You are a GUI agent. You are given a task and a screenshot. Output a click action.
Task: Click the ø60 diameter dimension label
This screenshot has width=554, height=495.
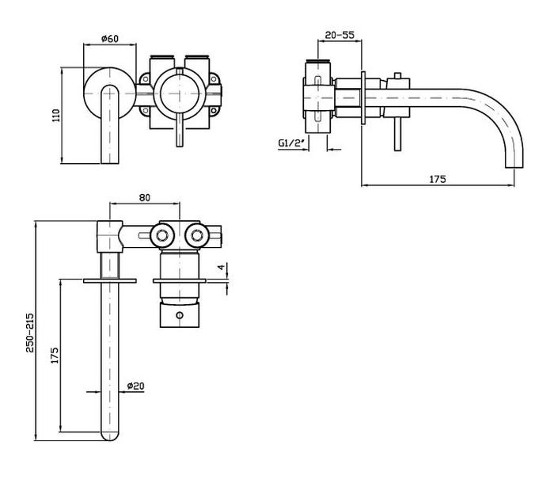110,38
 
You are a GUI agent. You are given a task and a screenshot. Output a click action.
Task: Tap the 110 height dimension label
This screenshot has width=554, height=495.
56,116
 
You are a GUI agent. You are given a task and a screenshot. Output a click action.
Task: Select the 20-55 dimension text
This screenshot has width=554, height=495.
340,35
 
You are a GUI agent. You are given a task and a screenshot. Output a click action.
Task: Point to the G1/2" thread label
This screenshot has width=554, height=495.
291,143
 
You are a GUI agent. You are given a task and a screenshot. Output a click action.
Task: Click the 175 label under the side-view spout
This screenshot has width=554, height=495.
438,179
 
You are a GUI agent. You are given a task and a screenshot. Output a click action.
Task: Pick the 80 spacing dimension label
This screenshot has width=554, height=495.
145,198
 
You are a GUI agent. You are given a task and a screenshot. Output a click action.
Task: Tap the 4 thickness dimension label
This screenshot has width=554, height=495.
221,267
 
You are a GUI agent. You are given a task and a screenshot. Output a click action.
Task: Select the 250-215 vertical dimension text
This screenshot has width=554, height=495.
30,333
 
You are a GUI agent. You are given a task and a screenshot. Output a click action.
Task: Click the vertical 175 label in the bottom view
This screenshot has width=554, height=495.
55,356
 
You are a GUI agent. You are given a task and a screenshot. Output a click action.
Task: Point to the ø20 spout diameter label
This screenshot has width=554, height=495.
135,386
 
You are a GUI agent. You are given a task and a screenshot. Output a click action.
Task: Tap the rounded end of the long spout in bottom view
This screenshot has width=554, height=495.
110,436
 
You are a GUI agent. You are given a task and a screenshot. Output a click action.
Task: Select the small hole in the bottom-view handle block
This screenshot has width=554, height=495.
180,315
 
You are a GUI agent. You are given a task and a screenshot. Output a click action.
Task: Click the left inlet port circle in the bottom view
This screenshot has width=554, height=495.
161,235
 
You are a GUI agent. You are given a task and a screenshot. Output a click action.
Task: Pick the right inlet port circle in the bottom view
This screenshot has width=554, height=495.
197,235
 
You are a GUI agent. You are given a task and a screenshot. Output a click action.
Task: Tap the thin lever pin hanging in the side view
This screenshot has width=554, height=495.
397,134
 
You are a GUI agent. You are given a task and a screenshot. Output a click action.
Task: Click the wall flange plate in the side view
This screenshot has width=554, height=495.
362,98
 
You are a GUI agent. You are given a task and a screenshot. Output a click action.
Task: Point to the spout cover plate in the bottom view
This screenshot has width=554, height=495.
110,281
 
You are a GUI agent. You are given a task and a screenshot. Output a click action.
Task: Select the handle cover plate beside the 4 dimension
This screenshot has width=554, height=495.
180,281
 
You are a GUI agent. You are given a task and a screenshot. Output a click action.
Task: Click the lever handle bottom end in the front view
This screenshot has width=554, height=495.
180,143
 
